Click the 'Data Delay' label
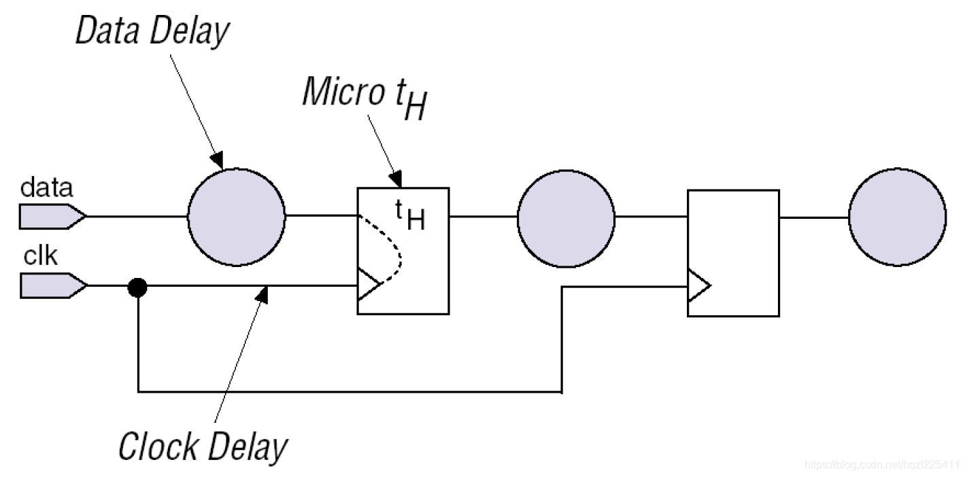pyautogui.click(x=152, y=32)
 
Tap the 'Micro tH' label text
pyautogui.click(x=365, y=95)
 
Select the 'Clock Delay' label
pyautogui.click(x=203, y=446)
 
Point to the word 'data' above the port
pyautogui.click(x=46, y=188)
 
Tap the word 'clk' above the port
pyautogui.click(x=41, y=257)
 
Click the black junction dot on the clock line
pyautogui.click(x=137, y=287)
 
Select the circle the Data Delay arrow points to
pyautogui.click(x=236, y=217)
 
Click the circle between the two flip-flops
pyautogui.click(x=566, y=218)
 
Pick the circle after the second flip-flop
pyautogui.click(x=897, y=218)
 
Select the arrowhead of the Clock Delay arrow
pyautogui.click(x=263, y=293)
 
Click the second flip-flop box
pyautogui.click(x=733, y=253)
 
